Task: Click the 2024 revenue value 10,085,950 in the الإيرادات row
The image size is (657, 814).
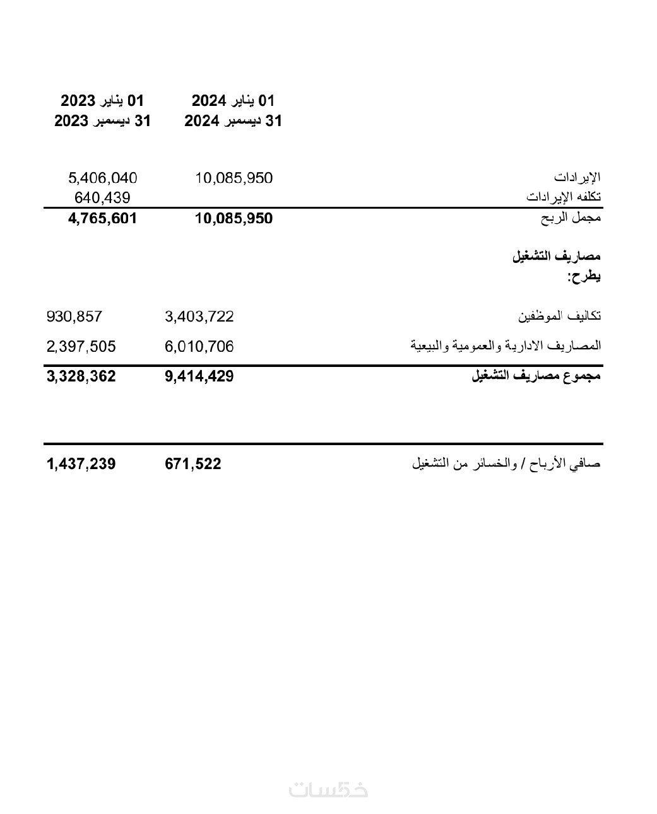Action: pyautogui.click(x=234, y=178)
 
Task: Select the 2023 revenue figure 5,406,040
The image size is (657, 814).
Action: pyautogui.click(x=103, y=178)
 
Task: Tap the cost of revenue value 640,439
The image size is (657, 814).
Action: pyautogui.click(x=102, y=198)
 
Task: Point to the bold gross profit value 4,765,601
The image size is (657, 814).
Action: pyautogui.click(x=102, y=219)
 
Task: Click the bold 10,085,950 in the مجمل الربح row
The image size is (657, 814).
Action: pyautogui.click(x=234, y=219)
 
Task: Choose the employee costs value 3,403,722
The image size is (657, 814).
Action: pyautogui.click(x=199, y=316)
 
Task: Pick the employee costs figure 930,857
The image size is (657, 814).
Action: pyautogui.click(x=74, y=316)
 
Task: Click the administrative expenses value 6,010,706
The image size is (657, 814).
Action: pyautogui.click(x=199, y=346)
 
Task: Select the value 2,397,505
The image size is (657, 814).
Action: pyautogui.click(x=81, y=346)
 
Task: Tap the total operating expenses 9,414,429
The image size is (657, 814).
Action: pyautogui.click(x=199, y=376)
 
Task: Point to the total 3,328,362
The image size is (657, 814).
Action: pyautogui.click(x=81, y=376)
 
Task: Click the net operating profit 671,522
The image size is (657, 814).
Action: pyautogui.click(x=193, y=464)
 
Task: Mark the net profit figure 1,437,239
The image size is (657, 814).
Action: pyautogui.click(x=81, y=464)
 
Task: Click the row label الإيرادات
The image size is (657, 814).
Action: pyautogui.click(x=577, y=177)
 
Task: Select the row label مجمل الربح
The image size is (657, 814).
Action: pyautogui.click(x=571, y=218)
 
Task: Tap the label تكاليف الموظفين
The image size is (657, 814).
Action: pyautogui.click(x=559, y=315)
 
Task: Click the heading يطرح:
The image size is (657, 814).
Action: pyautogui.click(x=584, y=276)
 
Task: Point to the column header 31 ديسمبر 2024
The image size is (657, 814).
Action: pyautogui.click(x=234, y=121)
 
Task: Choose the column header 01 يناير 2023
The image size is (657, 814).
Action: pyautogui.click(x=102, y=100)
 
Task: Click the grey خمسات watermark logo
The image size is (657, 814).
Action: pyautogui.click(x=328, y=789)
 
